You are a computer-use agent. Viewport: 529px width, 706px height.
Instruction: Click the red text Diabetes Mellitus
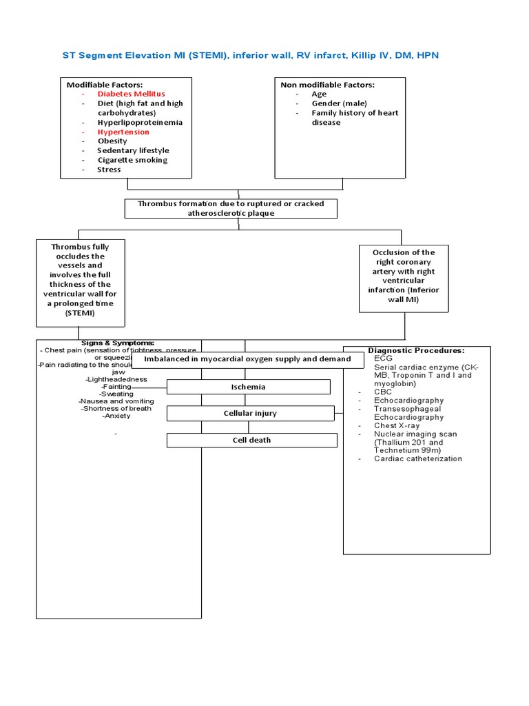(131, 94)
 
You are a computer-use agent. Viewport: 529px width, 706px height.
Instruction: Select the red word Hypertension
(123, 132)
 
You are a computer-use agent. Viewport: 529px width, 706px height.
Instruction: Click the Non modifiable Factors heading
(327, 84)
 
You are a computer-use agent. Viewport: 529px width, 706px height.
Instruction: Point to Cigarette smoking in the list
(132, 160)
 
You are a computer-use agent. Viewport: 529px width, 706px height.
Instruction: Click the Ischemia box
(248, 387)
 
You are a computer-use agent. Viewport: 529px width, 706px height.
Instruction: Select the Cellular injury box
(251, 413)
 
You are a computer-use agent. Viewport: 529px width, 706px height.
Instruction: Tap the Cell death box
(251, 440)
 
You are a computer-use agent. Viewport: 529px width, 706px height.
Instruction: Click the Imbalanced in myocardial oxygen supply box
(247, 359)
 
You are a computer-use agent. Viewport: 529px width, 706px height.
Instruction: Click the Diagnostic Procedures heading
(416, 350)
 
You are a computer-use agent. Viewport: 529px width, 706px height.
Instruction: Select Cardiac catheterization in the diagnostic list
(418, 458)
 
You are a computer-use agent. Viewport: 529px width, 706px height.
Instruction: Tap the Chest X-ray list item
(397, 425)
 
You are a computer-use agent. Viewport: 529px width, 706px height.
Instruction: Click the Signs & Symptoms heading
(118, 343)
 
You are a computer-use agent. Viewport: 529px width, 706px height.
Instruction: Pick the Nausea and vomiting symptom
(116, 401)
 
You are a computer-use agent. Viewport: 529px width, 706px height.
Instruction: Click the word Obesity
(112, 141)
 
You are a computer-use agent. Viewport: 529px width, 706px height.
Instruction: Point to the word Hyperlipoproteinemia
(140, 122)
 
